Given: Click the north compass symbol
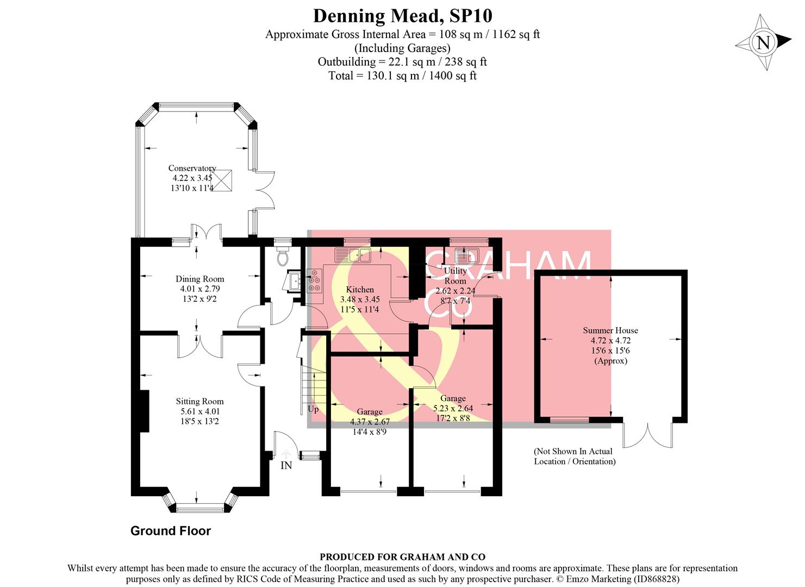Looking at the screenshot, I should pos(763,42).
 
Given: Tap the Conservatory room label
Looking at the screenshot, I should pos(192,168).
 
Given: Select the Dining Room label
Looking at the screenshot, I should pos(199,279).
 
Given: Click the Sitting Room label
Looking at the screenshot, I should pos(199,401).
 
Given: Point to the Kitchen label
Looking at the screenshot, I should pos(360,289).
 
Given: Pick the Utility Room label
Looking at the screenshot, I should pos(455,276).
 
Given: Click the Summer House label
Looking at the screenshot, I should pos(610,330).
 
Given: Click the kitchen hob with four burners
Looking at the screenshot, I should pos(315,281).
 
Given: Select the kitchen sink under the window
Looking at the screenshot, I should pos(353,254).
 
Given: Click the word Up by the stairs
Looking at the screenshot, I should pos(314,409).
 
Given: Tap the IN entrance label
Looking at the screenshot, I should pos(286,465).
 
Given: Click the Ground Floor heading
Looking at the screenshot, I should pos(171,531).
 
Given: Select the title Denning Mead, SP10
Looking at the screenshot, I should pos(402,16).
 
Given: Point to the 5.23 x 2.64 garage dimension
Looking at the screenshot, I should pos(453,408).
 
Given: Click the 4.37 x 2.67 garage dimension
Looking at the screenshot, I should pos(370,422).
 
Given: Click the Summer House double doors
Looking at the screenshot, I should pos(647,435).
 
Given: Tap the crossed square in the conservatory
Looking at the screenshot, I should pos(223,179).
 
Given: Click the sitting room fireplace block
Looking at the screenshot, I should pos(145,411).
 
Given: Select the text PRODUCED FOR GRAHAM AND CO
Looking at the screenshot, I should pos(402,557).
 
